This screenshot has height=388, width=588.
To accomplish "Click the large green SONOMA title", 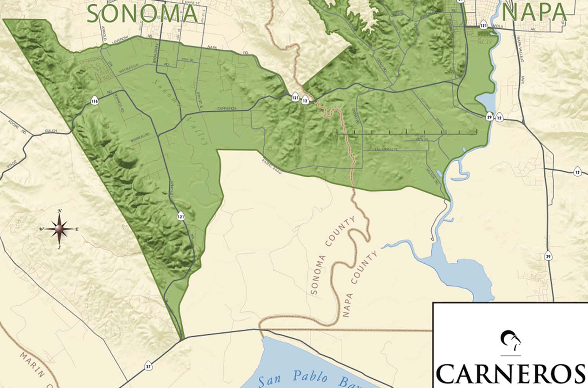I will pos(142,13).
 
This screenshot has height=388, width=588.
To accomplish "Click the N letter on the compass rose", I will pos(60,211).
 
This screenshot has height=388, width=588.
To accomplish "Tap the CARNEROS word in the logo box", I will pos(510,374).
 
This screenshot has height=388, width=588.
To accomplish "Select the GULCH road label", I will pos(51,131).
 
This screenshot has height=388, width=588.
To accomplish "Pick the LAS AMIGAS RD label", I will pos(387,149).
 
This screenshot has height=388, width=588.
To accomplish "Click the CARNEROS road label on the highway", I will pos(227,109).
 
